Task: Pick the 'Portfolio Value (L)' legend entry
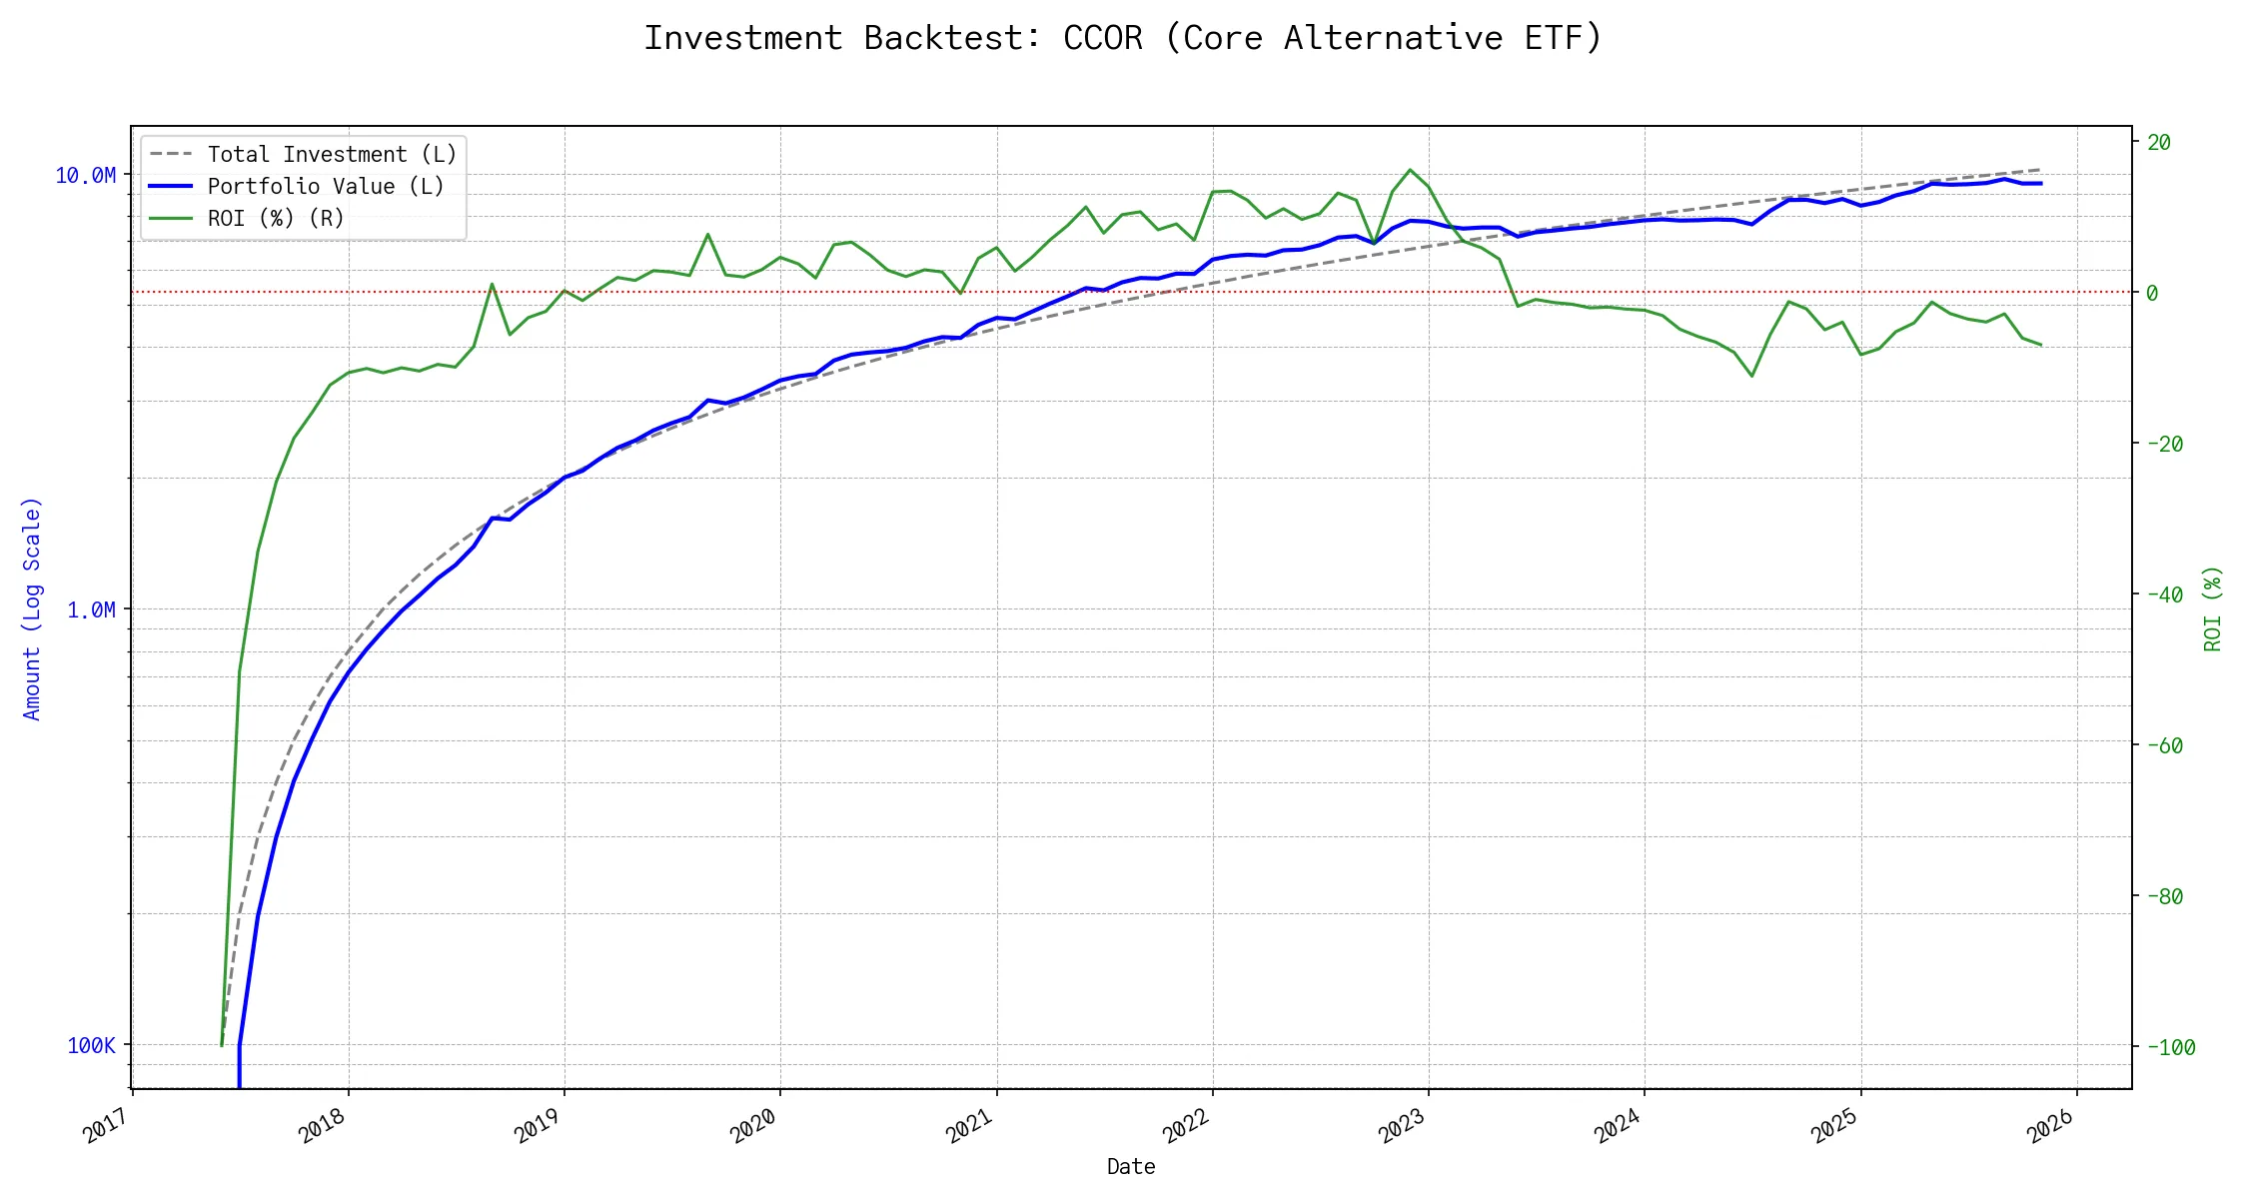pos(326,187)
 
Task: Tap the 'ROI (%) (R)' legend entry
pos(276,219)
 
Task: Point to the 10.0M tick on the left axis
pos(85,176)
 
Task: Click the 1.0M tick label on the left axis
pos(91,609)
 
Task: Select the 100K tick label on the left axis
pos(91,1045)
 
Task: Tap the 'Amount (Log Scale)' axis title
pos(32,608)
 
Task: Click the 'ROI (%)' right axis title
pos(2212,608)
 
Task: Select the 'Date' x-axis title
pos(1131,1167)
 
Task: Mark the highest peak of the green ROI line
pos(1410,170)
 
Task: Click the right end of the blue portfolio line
pos(2040,184)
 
